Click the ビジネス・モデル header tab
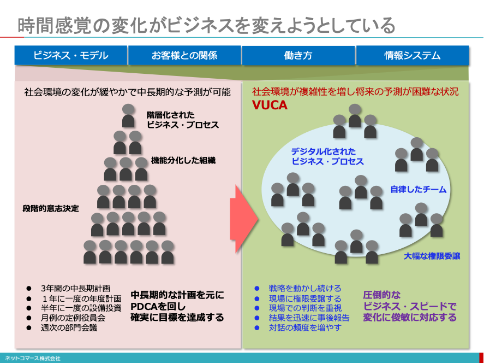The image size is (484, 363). coord(71,55)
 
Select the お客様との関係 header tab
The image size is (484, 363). coord(184,55)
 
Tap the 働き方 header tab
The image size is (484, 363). coord(298,55)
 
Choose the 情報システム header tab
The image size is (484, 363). coord(413,55)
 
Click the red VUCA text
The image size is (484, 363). coord(270,105)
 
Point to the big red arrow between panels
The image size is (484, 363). coord(244,219)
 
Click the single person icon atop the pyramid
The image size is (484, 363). coord(128,116)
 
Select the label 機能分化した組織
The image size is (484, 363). coord(183,160)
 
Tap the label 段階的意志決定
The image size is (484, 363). coord(51,208)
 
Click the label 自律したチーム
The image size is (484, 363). coord(419,189)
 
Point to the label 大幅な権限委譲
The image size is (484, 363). coord(432,256)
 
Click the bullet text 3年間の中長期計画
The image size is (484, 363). coord(76,289)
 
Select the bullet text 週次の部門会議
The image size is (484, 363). coord(69,327)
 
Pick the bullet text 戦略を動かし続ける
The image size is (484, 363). coord(305,289)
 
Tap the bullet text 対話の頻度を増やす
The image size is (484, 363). coord(305,327)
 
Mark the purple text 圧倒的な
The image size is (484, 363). coord(382,295)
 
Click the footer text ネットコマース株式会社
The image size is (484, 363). coord(32,359)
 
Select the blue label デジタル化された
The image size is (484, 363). coord(324,151)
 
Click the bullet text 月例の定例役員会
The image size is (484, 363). coord(73,318)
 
